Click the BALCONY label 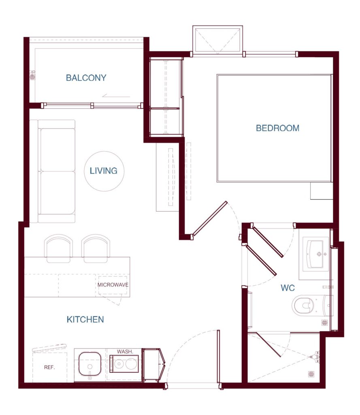click(86, 78)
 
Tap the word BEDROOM click(277, 128)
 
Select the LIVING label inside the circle click(103, 171)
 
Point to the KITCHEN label click(85, 319)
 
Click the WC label click(288, 288)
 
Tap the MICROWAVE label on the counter click(113, 285)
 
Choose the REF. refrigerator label click(49, 367)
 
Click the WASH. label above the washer click(125, 351)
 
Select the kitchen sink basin click(90, 364)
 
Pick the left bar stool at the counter click(58, 248)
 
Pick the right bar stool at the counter click(96, 248)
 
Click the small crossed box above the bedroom click(217, 40)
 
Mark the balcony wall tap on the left click(32, 75)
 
